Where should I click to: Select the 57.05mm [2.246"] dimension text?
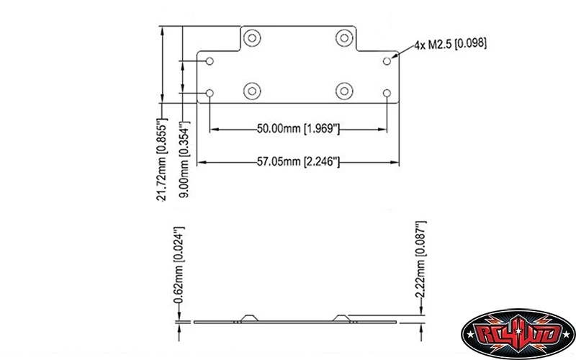tap(298, 161)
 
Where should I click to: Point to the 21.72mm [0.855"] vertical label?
tap(162, 158)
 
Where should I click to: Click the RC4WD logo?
tap(513, 333)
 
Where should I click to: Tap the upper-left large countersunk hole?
tap(252, 38)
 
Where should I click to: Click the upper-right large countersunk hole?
tap(345, 38)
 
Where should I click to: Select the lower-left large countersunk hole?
tap(252, 91)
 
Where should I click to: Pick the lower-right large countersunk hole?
tap(345, 91)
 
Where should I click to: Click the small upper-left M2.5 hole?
tap(210, 61)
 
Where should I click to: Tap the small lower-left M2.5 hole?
tap(210, 93)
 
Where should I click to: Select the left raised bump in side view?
tap(250, 318)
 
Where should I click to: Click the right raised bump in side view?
tap(343, 318)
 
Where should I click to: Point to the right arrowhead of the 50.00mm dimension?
tap(383, 130)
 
